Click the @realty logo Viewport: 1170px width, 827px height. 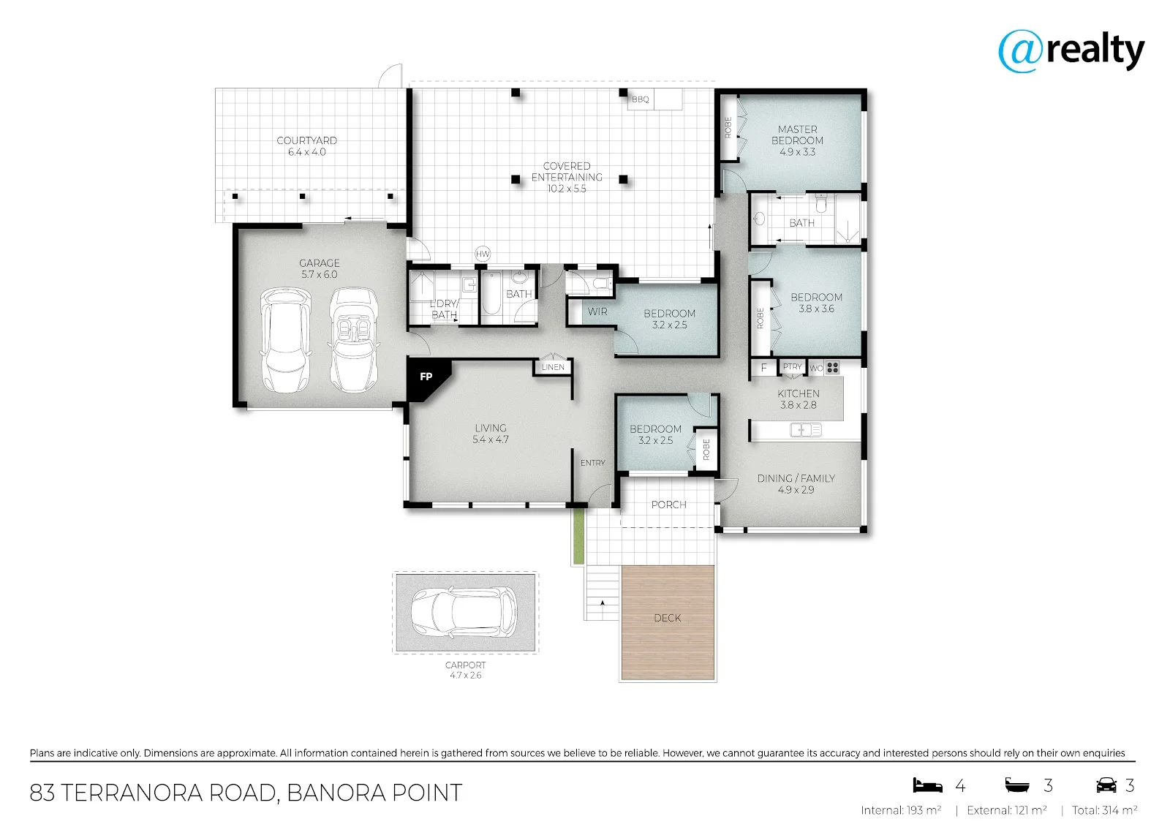[1071, 50]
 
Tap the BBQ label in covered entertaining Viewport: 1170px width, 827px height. [641, 99]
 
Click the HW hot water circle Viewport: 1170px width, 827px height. [483, 254]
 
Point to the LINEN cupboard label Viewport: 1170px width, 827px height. [553, 367]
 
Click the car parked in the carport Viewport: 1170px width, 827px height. [464, 612]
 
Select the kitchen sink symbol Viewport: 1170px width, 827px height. [805, 430]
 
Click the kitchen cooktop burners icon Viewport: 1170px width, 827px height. [833, 368]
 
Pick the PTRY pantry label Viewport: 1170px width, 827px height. [793, 367]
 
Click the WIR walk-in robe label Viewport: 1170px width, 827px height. [597, 312]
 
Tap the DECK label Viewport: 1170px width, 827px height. [668, 618]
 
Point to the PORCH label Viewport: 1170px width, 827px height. [668, 505]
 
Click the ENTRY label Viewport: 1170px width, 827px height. [593, 463]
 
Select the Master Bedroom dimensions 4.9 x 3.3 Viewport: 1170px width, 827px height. [797, 152]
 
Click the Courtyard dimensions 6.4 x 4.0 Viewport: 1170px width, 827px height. [306, 152]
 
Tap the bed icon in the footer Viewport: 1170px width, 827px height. [927, 785]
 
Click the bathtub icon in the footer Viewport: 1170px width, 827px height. [1017, 785]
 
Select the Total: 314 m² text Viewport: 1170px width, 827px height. [1104, 810]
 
